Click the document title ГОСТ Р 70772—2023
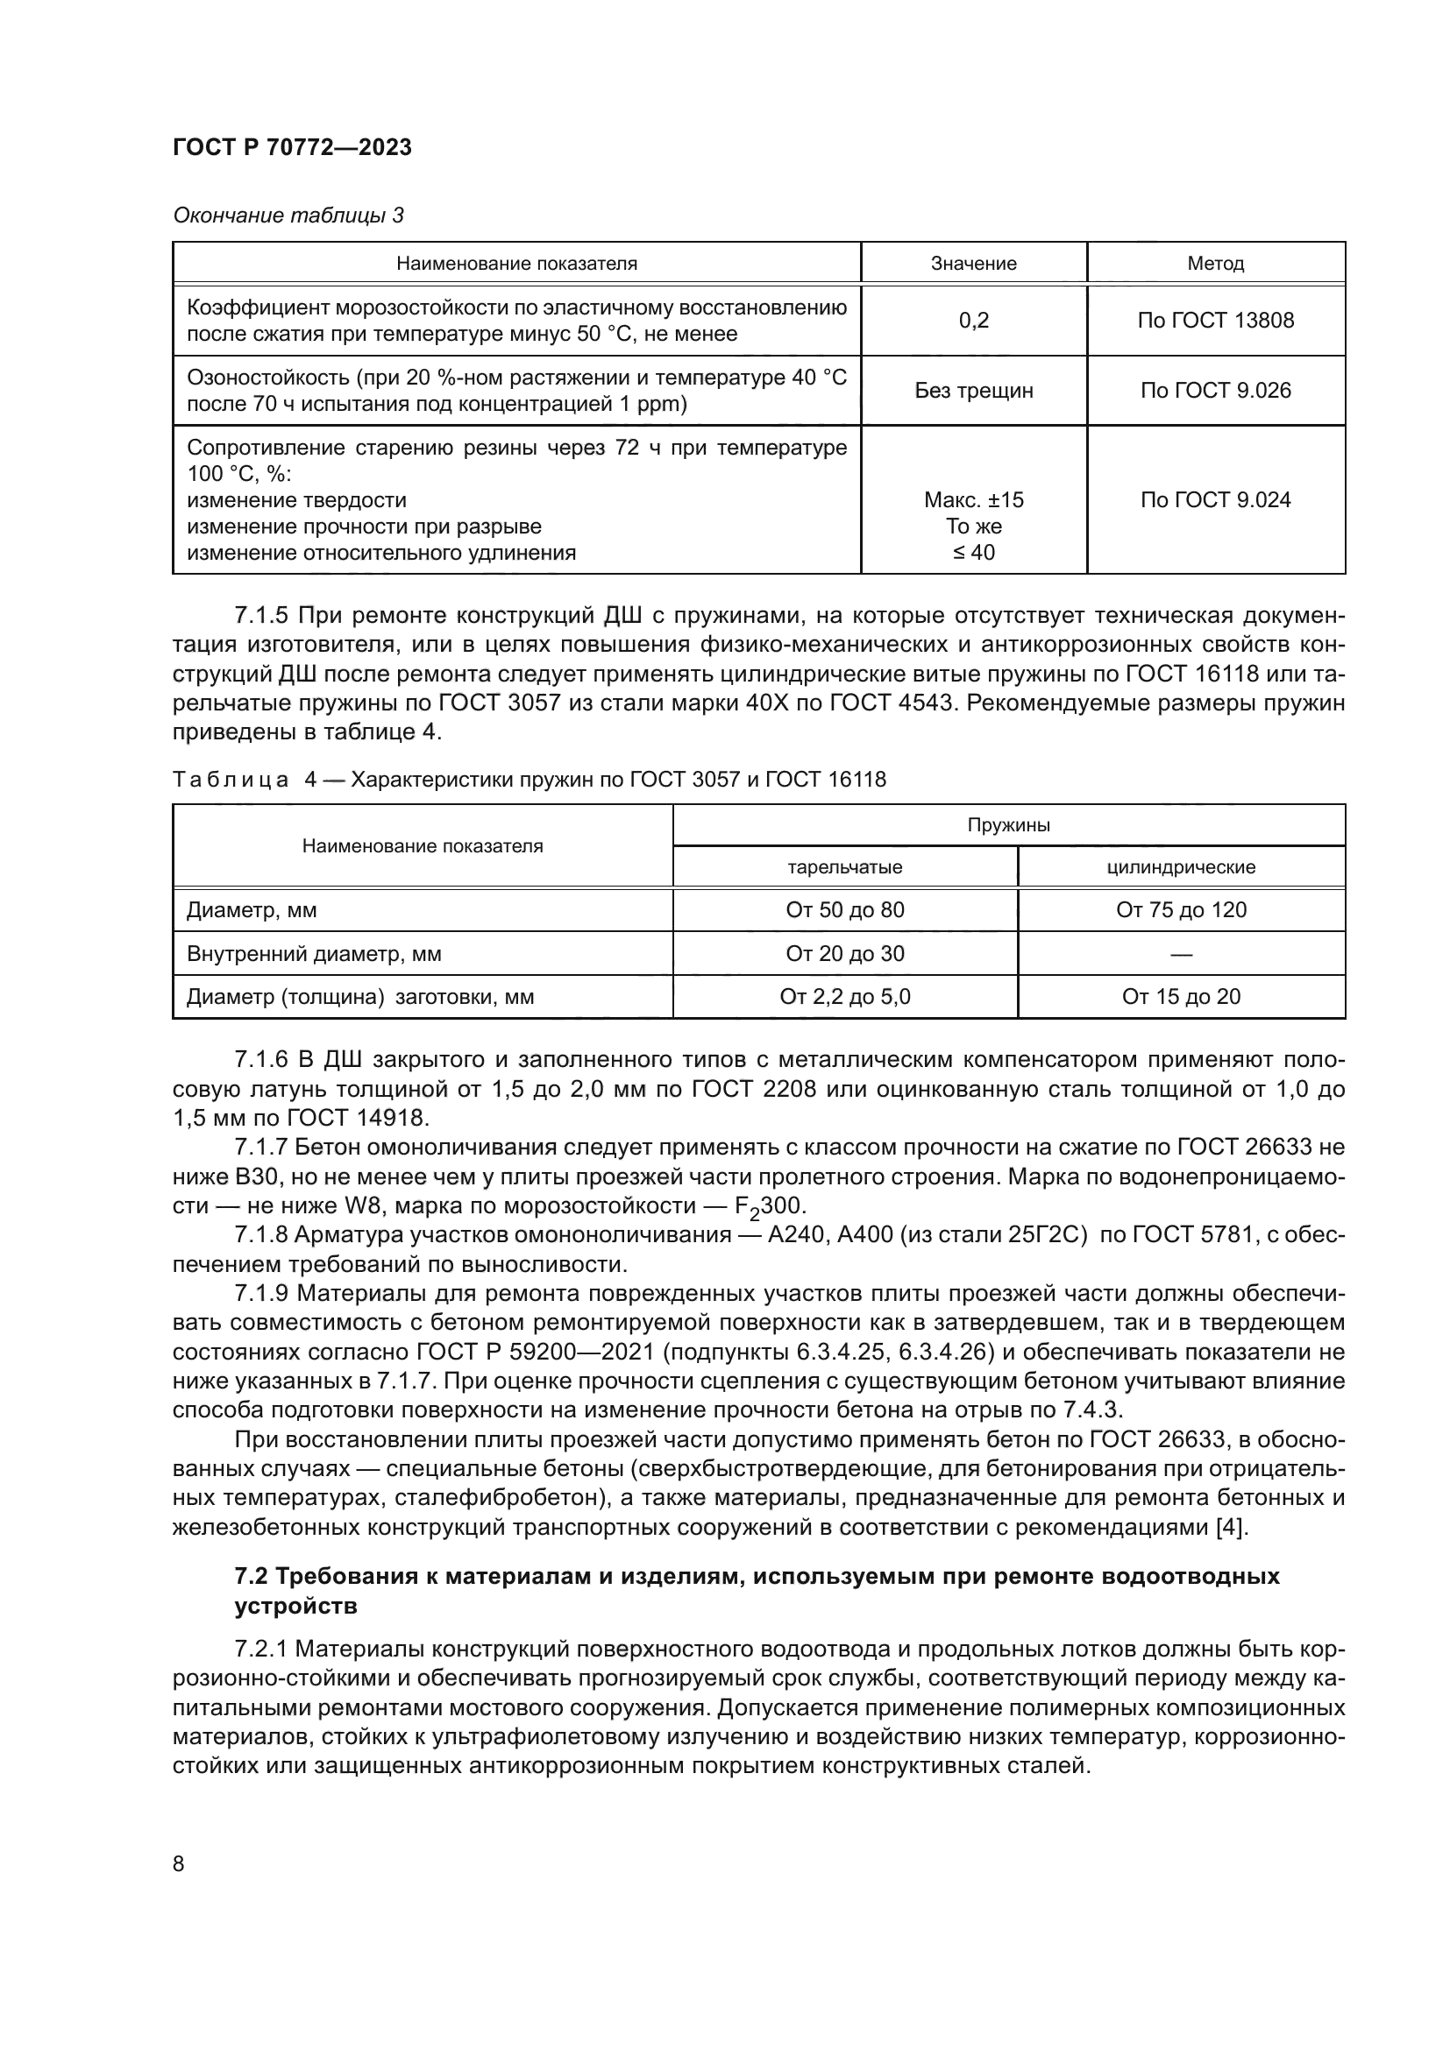tap(292, 147)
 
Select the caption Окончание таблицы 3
tap(288, 215)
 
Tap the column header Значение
tap(973, 264)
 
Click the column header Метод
tap(1215, 264)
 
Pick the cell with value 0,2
tap(973, 321)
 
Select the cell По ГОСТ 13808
tap(1215, 321)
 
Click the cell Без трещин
tap(973, 390)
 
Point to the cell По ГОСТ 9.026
tap(1215, 390)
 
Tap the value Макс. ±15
tap(973, 499)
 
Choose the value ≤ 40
tap(973, 553)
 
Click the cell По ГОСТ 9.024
tap(1215, 499)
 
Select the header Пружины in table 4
tap(1008, 824)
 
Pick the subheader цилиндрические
tap(1180, 866)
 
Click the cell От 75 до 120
tap(1180, 910)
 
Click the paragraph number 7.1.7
tap(260, 1147)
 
